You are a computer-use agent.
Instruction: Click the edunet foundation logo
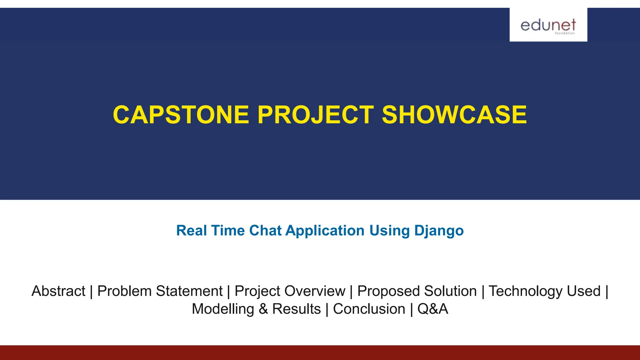[548, 25]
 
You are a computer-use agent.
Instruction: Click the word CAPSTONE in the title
[181, 115]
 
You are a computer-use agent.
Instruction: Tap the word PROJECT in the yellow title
[315, 115]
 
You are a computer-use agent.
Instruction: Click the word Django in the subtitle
[439, 231]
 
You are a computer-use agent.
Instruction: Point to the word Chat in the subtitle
[265, 231]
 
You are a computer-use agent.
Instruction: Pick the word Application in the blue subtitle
[325, 231]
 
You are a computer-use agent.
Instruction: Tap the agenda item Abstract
[58, 291]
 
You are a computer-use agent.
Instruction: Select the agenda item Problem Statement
[160, 291]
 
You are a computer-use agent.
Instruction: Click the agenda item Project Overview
[290, 291]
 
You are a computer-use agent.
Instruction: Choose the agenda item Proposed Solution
[417, 291]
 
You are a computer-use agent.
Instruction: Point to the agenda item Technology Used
[544, 291]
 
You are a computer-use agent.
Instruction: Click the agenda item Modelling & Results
[256, 309]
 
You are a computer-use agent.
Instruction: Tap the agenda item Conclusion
[369, 309]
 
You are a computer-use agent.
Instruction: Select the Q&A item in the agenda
[432, 309]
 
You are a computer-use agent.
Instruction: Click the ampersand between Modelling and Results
[263, 309]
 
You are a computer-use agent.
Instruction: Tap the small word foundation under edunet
[565, 33]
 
